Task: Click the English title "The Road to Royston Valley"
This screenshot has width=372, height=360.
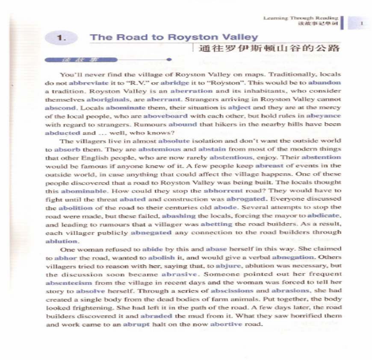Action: click(174, 37)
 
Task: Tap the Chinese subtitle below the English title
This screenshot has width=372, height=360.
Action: click(269, 48)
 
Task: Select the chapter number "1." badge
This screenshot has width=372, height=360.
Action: click(62, 38)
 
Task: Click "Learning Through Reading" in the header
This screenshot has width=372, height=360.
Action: click(301, 18)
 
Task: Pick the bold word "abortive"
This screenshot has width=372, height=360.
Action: click(224, 324)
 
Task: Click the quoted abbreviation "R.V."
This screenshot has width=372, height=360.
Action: click(131, 82)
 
